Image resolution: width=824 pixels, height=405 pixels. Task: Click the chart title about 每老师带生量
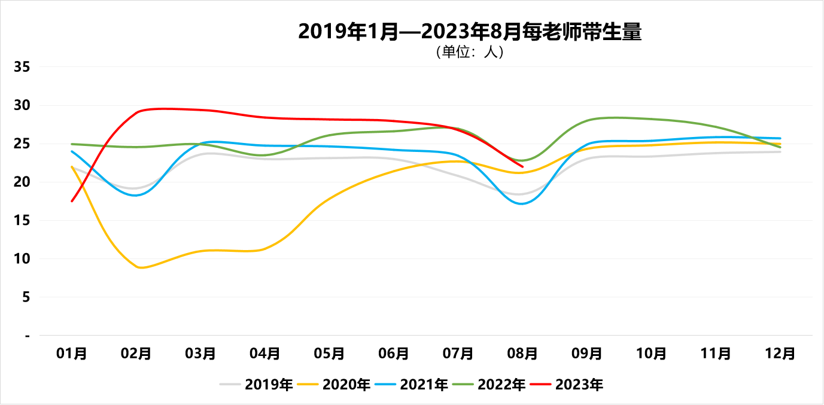469,32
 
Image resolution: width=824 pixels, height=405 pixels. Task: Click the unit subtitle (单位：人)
469,53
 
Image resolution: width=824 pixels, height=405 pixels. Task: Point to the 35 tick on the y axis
22,67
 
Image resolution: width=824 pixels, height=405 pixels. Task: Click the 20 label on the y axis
22,182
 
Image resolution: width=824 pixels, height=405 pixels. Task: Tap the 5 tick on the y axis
26,297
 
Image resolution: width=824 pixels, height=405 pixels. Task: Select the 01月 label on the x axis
72,354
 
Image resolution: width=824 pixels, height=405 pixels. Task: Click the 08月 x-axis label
522,354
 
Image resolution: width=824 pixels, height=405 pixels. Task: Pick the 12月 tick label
780,354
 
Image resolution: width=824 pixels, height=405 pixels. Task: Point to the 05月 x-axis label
329,354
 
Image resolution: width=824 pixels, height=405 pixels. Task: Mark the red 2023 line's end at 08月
522,166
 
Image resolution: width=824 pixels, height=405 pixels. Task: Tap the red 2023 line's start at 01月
72,201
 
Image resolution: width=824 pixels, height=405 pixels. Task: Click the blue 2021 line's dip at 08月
522,203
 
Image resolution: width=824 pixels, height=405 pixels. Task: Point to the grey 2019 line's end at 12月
780,152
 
